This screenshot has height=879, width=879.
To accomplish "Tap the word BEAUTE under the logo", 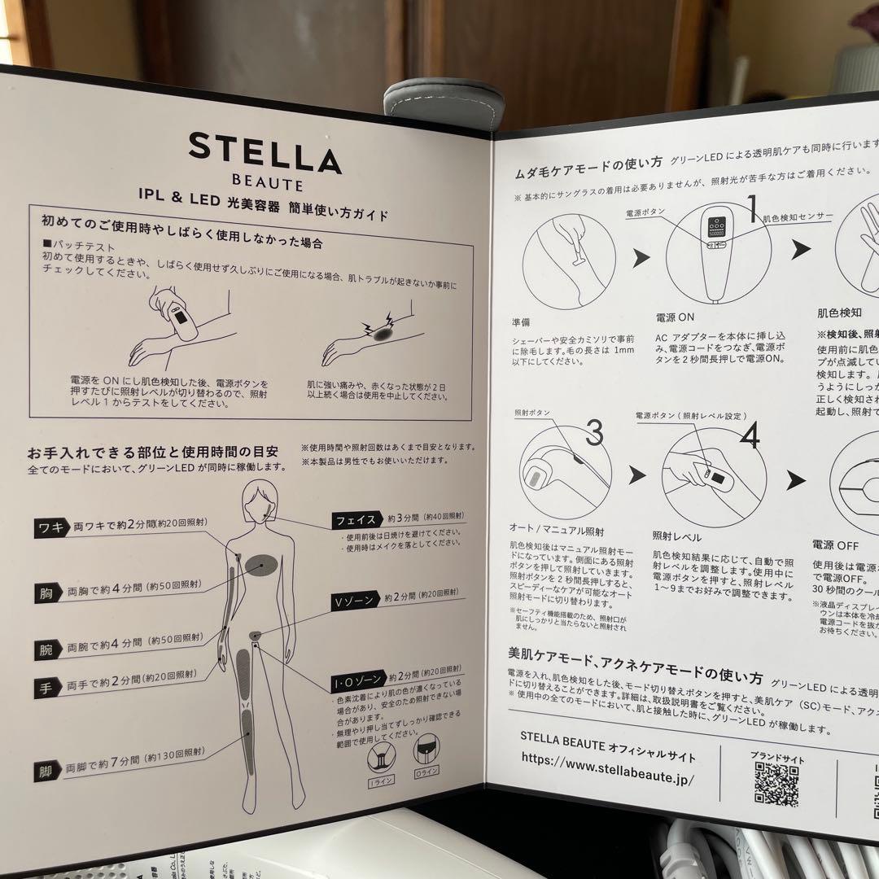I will [x=265, y=186].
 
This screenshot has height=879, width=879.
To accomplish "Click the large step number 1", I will [x=750, y=204].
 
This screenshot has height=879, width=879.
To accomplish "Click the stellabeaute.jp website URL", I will [x=606, y=779].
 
